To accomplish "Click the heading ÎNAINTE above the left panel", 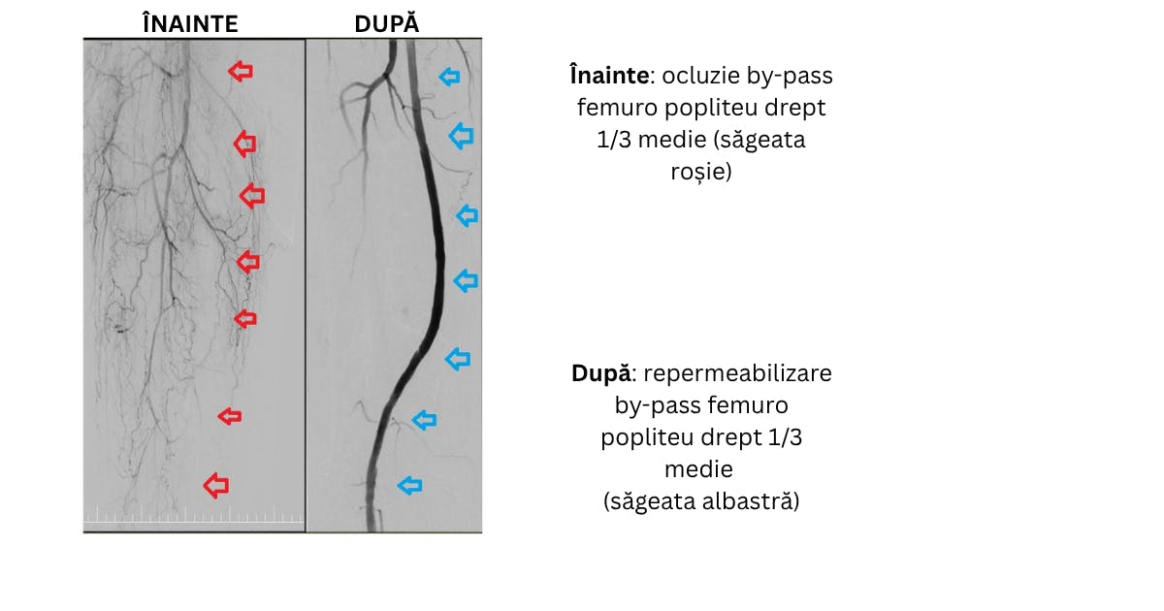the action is point(190,24).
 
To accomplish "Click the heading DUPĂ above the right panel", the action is point(387,24).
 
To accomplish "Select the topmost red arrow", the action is point(241,71).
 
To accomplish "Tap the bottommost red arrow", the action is point(216,485).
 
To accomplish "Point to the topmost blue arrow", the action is point(449,77).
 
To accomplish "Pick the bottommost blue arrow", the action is point(410,486).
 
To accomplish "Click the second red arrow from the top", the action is point(244,144).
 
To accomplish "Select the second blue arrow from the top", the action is point(462,136).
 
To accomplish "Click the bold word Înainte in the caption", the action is point(609,76).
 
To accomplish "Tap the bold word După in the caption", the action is point(601,373).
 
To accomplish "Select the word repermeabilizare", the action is point(737,373).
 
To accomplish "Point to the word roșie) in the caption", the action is point(701,172).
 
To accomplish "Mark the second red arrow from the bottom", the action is point(230,416).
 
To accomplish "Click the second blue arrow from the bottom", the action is point(425,420).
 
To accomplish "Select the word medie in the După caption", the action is point(699,469).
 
